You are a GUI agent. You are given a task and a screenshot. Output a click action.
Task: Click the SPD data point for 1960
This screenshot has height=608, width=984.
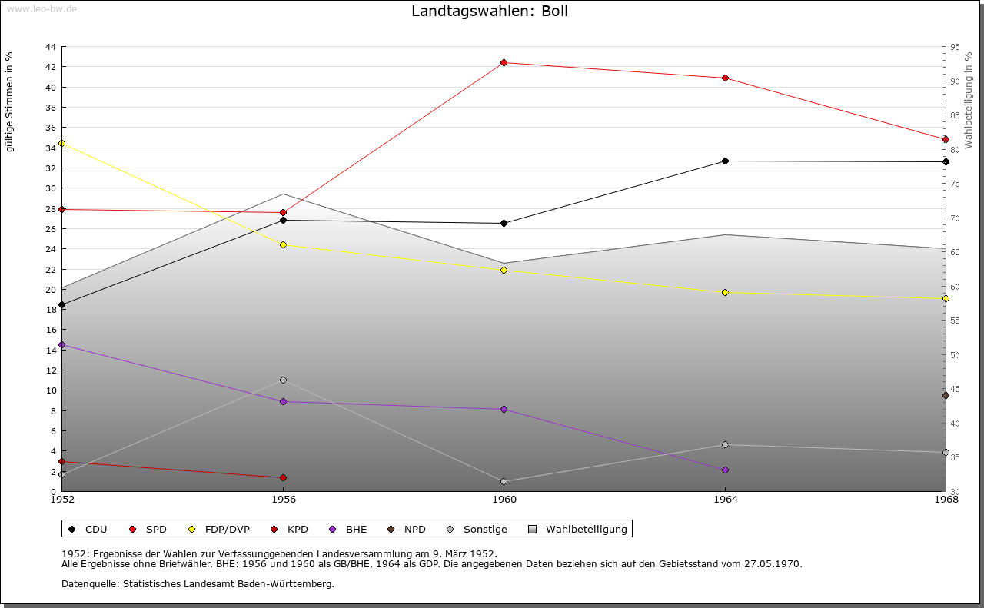504,63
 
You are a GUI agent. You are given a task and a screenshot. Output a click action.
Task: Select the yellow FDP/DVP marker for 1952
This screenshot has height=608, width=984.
61,144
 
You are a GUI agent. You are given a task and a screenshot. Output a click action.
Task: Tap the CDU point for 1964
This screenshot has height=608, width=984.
725,161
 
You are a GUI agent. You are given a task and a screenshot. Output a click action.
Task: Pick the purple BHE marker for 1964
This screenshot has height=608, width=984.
725,470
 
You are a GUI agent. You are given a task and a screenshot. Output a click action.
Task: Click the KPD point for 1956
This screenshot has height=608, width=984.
283,478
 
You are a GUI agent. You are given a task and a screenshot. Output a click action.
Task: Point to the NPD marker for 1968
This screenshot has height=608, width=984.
946,396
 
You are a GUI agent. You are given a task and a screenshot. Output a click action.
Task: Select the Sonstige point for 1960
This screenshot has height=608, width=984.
504,482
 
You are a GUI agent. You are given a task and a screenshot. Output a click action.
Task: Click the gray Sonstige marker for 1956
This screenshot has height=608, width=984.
283,380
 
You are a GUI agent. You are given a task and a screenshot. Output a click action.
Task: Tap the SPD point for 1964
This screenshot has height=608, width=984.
725,78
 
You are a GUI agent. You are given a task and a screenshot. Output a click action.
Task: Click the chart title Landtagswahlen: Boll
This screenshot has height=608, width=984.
490,12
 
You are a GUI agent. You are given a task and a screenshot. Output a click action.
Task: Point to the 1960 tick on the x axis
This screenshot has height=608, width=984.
504,500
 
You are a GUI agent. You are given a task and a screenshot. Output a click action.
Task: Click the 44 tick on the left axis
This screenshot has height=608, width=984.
50,47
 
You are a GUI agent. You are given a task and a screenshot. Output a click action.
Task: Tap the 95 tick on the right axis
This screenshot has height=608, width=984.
955,47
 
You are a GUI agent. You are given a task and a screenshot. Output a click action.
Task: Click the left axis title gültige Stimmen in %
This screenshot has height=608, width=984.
10,101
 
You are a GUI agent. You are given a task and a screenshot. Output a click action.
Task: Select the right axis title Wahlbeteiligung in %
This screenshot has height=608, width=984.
969,100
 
